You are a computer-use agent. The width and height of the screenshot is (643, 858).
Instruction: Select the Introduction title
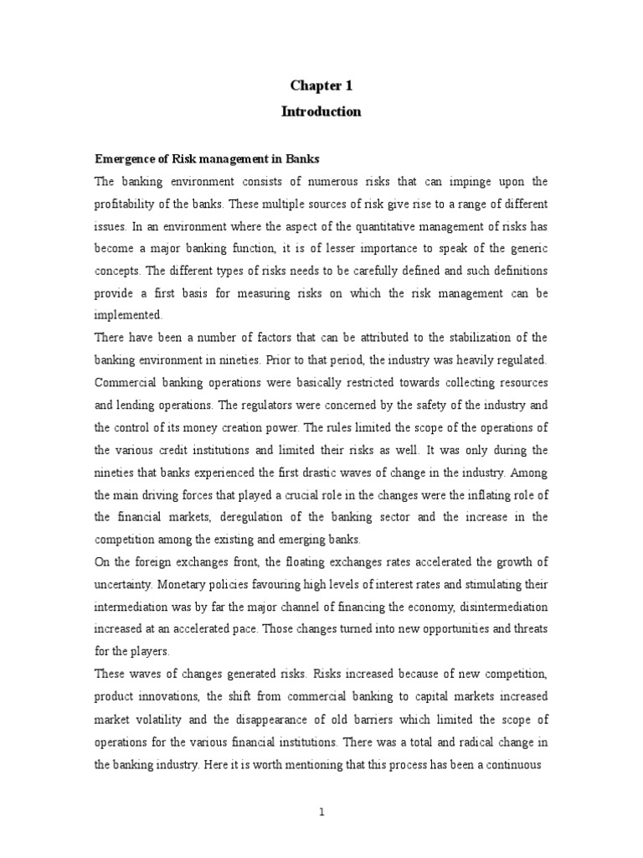325,111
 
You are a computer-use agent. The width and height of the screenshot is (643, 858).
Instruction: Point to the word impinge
487,182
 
